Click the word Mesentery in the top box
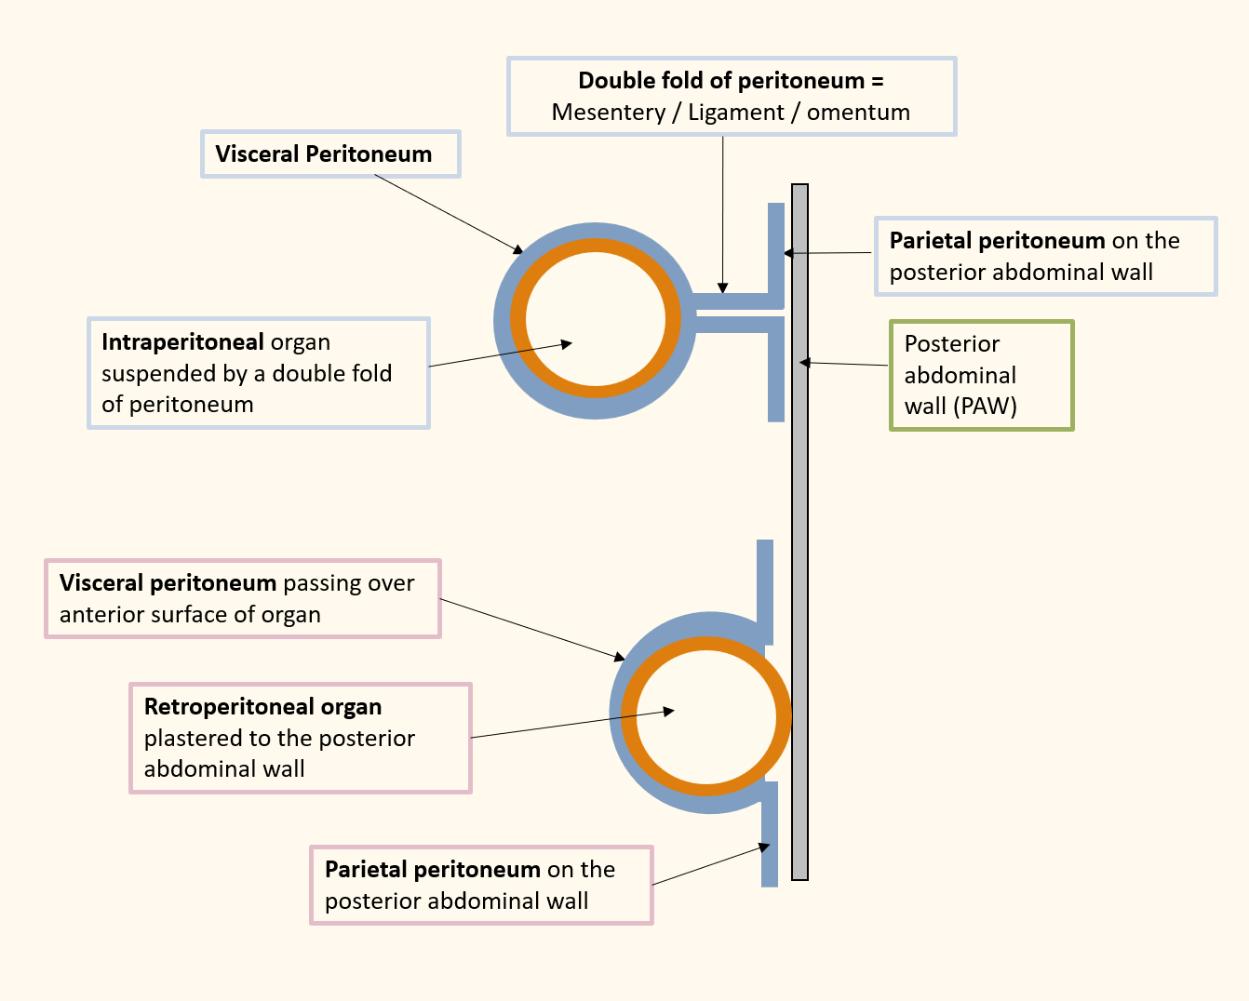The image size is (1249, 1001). click(x=608, y=113)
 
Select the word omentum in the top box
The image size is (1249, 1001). click(x=858, y=113)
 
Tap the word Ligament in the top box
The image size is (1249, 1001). click(x=735, y=113)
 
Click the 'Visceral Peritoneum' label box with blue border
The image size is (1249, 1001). click(x=330, y=154)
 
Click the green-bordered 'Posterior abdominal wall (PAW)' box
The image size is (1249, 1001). click(x=981, y=375)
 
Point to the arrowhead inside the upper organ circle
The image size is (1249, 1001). click(x=567, y=344)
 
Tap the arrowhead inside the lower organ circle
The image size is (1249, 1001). click(x=668, y=712)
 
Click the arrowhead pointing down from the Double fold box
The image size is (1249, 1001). click(x=723, y=288)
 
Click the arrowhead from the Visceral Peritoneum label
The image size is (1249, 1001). click(x=517, y=249)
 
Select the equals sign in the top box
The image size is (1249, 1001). click(x=877, y=81)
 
